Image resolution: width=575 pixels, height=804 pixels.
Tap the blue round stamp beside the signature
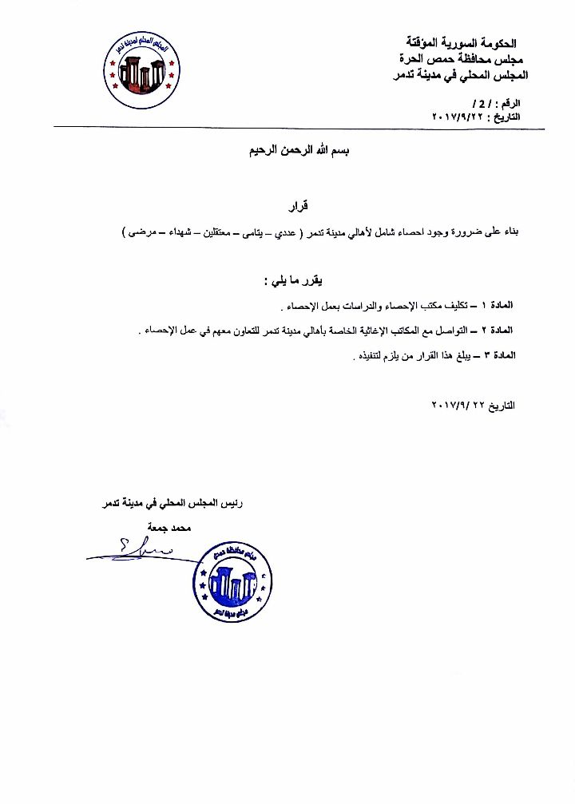(232, 580)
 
